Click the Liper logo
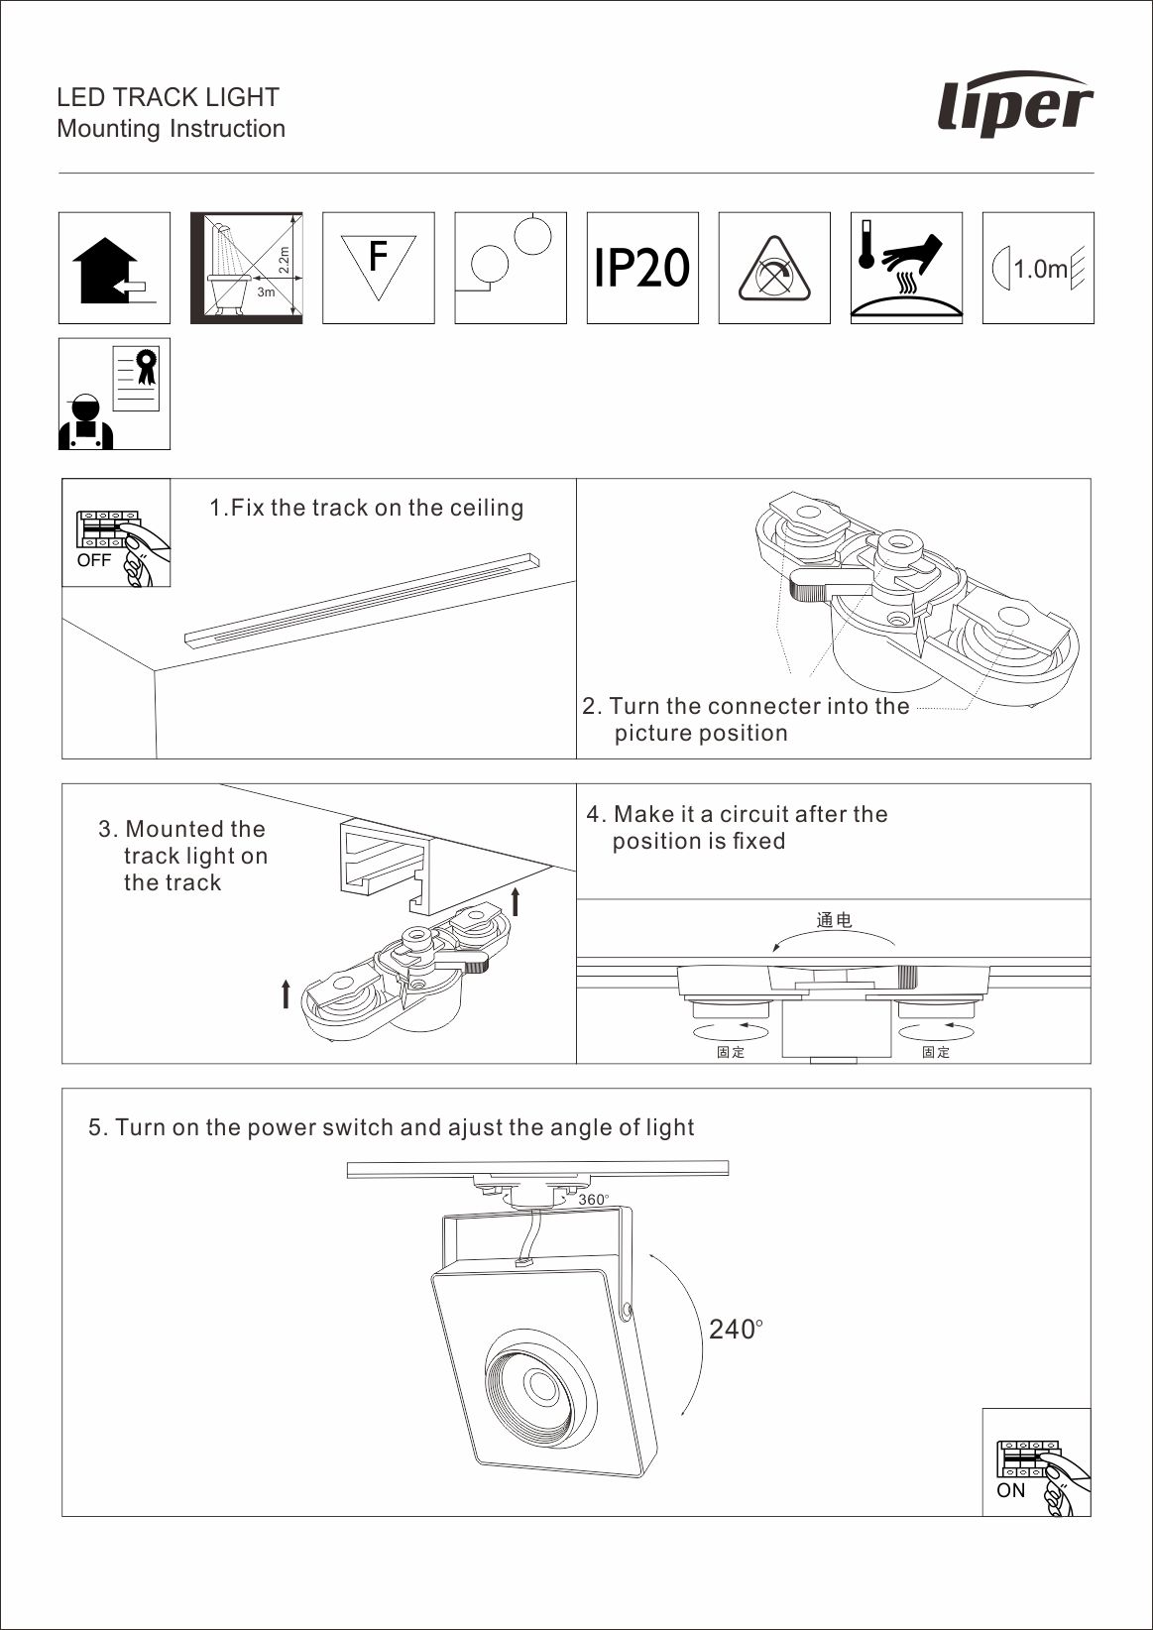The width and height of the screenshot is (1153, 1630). (1015, 103)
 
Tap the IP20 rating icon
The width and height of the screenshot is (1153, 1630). (642, 268)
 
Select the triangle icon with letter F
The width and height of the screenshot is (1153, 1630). (379, 268)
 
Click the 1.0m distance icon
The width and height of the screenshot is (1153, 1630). (1038, 268)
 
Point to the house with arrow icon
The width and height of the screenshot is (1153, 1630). (114, 268)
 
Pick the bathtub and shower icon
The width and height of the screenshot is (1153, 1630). (246, 268)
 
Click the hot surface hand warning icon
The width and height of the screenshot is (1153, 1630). (906, 268)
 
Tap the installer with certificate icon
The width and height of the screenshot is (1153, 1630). (114, 394)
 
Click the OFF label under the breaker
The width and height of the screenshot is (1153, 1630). (94, 560)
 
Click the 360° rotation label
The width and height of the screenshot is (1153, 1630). (593, 1200)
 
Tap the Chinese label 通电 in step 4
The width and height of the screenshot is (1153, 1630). (834, 920)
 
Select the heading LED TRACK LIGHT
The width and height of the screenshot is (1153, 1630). (168, 97)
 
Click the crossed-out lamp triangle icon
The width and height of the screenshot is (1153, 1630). (774, 268)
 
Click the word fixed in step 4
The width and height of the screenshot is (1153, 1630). (758, 841)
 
